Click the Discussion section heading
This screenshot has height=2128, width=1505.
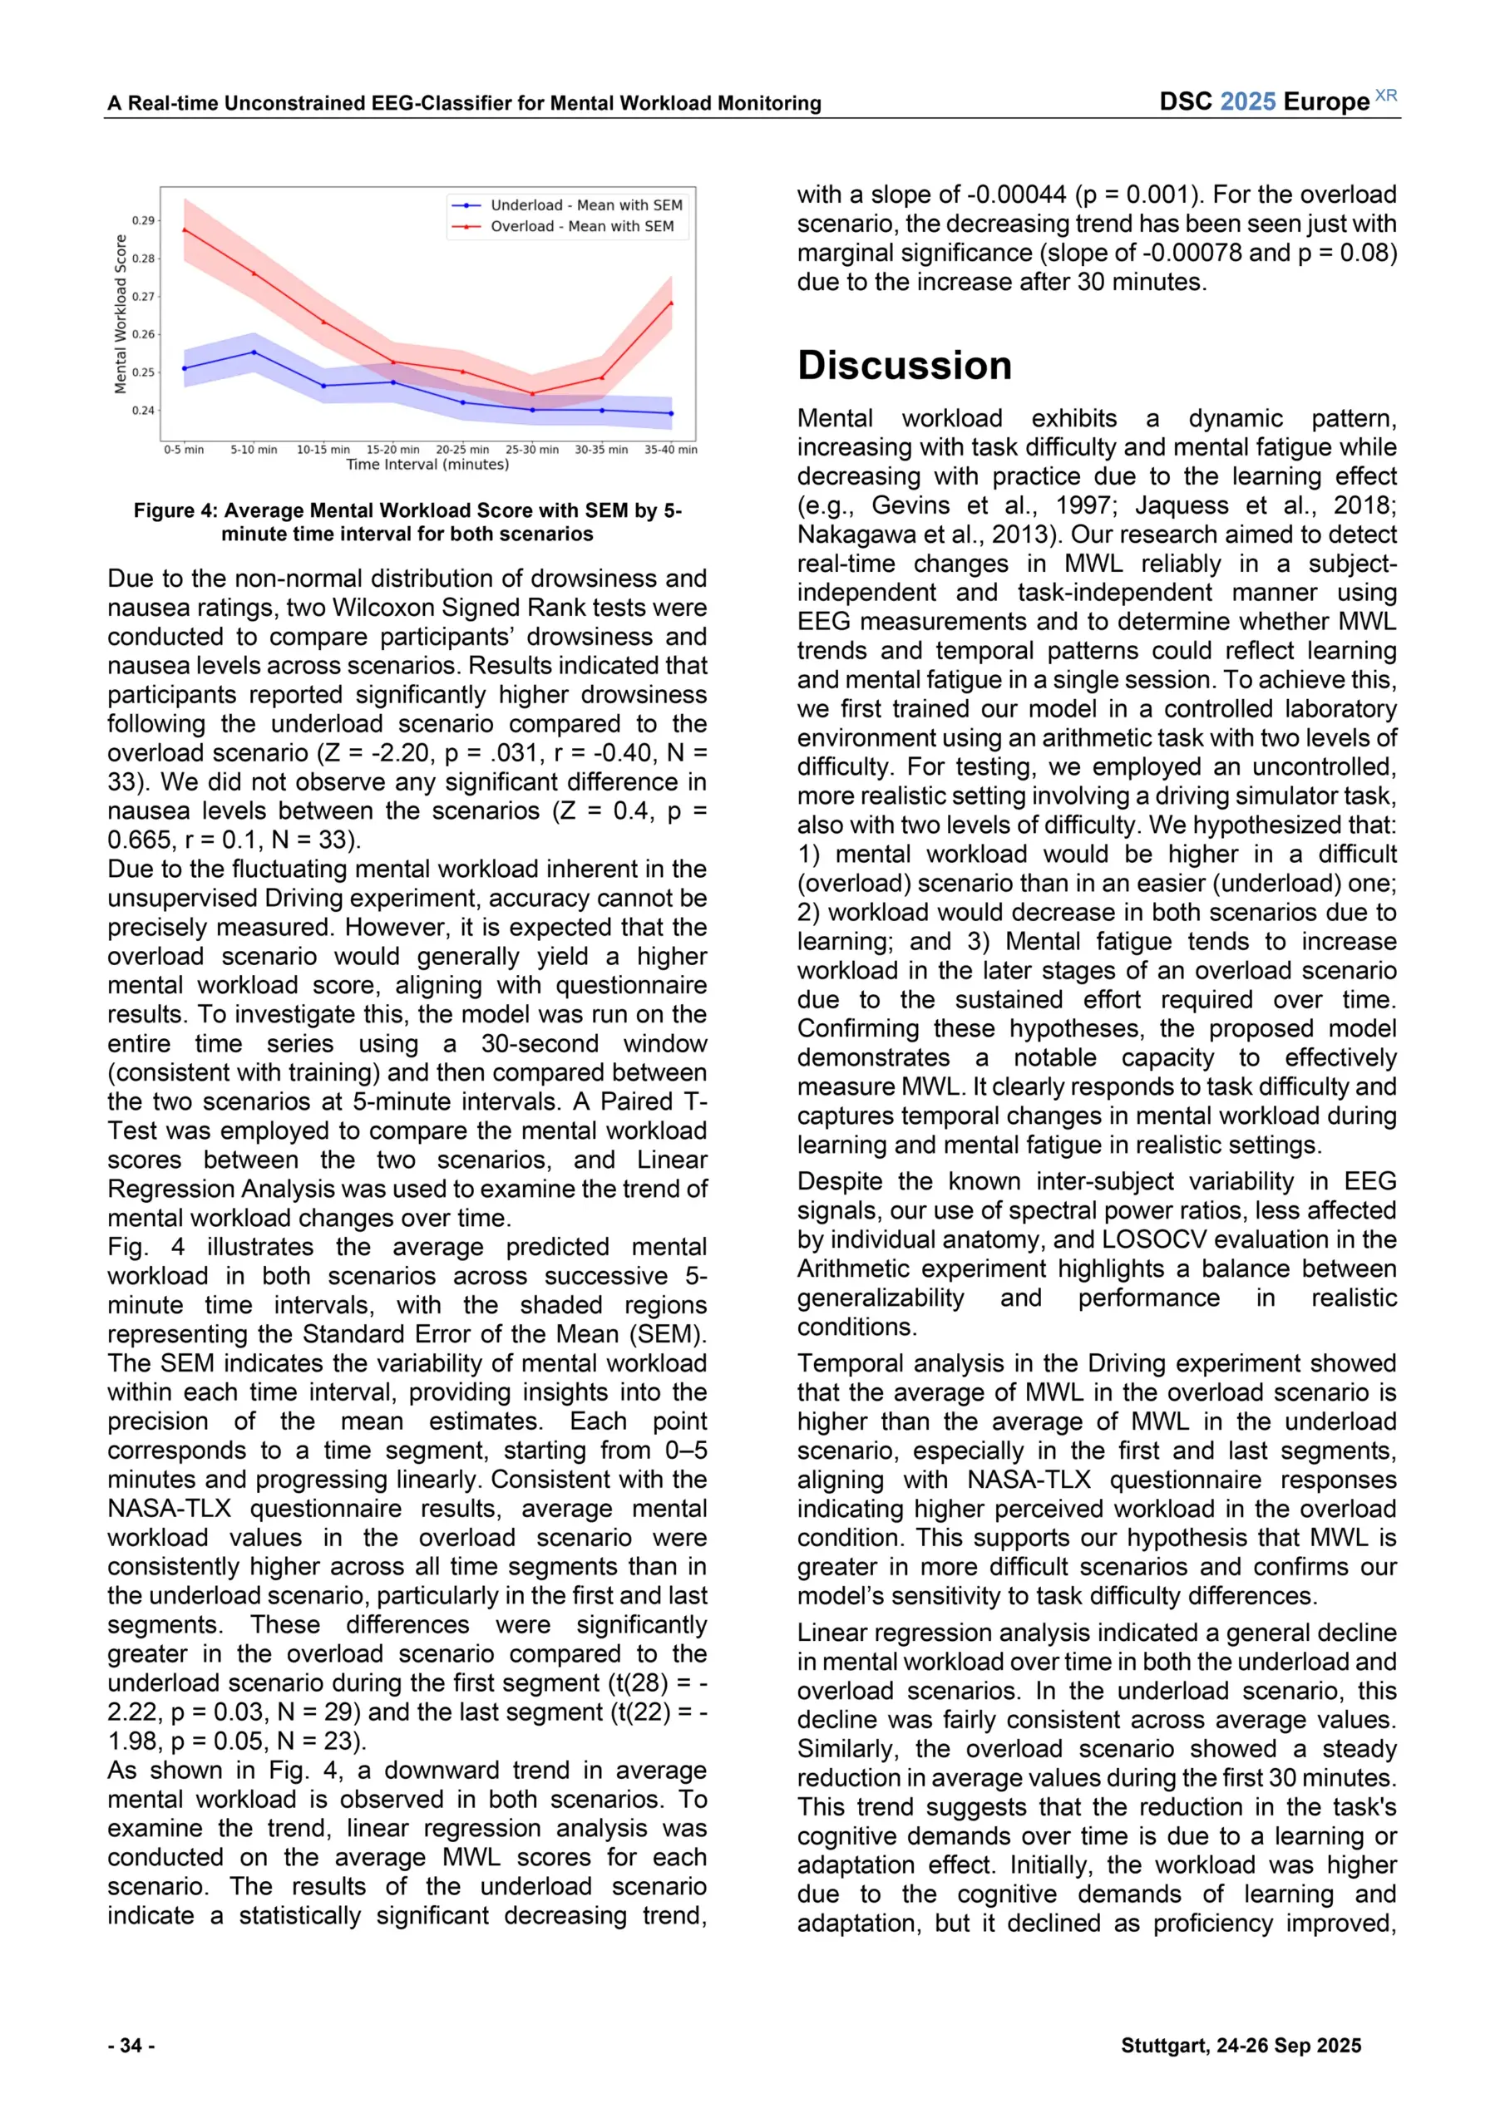pyautogui.click(x=904, y=365)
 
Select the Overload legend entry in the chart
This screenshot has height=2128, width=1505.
pyautogui.click(x=581, y=226)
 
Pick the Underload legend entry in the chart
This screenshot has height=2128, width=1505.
pyautogui.click(x=586, y=204)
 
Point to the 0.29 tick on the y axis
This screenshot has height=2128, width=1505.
pyautogui.click(x=143, y=220)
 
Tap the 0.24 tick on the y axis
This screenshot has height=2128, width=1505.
pyautogui.click(x=143, y=411)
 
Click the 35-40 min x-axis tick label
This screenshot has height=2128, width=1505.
pyautogui.click(x=670, y=450)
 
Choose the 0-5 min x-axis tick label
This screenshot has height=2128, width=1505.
pyautogui.click(x=184, y=450)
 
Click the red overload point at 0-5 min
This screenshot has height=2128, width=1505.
pyautogui.click(x=185, y=230)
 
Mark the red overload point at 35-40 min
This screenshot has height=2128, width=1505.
pyautogui.click(x=671, y=303)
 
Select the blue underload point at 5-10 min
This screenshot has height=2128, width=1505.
pyautogui.click(x=254, y=352)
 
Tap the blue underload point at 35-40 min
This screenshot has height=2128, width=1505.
pyautogui.click(x=671, y=413)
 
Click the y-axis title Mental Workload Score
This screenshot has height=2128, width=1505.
pyautogui.click(x=121, y=314)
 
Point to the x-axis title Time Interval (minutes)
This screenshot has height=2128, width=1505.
pyautogui.click(x=427, y=465)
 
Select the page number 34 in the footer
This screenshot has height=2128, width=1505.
pyautogui.click(x=131, y=2046)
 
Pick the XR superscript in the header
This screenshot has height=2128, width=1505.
pyautogui.click(x=1386, y=96)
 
